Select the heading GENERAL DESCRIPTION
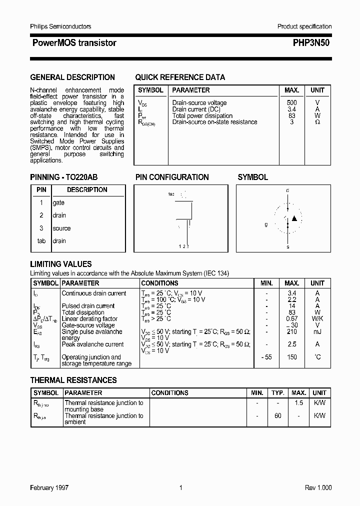72,77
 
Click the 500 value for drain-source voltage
291,103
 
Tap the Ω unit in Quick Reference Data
317,122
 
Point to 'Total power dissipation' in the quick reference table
202,116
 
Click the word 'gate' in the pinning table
58,203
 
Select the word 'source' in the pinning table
61,228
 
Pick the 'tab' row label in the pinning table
41,241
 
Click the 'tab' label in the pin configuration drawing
171,194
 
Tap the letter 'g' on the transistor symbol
266,224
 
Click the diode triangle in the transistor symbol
294,218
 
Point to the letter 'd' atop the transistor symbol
287,190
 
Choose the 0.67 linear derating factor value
292,319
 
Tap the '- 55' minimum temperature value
266,357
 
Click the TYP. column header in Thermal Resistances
278,393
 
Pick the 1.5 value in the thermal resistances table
298,403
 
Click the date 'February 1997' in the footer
49,488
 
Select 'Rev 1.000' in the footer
318,488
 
